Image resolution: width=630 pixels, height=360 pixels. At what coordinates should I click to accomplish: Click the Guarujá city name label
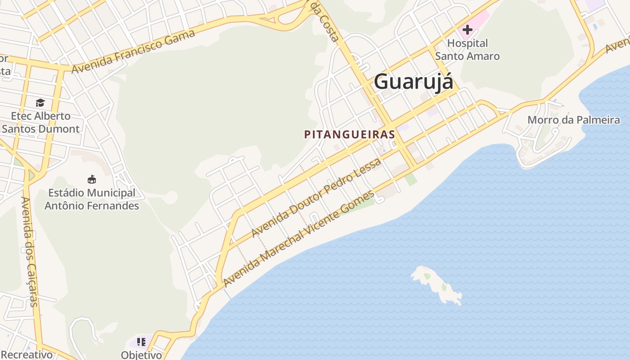[414, 82]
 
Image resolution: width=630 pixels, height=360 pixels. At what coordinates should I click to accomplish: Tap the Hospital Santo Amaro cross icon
[468, 30]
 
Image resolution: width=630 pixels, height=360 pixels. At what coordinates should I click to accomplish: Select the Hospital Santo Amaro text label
[468, 49]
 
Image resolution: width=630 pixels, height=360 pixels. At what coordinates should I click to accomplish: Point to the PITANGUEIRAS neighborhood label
[350, 134]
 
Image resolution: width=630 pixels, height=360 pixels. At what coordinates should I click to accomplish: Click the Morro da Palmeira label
[573, 120]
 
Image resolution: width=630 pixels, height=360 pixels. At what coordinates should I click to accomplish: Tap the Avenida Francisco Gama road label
[133, 51]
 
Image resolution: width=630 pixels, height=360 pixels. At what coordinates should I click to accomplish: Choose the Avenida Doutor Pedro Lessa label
[316, 197]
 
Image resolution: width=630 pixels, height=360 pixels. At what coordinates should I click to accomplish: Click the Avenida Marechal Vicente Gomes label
[298, 238]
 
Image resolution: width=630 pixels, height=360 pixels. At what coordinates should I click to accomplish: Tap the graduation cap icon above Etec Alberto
[40, 103]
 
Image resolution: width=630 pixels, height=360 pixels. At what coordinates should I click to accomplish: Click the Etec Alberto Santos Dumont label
[40, 122]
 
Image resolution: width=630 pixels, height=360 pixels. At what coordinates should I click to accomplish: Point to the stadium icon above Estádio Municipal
[92, 179]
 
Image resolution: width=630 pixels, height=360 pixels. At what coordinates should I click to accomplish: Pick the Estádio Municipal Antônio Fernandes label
[92, 199]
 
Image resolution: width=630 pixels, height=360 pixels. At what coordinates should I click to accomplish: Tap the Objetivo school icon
[141, 342]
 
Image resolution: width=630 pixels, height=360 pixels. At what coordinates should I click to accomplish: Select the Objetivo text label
[141, 355]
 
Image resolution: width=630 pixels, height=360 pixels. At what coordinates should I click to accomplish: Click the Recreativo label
[27, 355]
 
